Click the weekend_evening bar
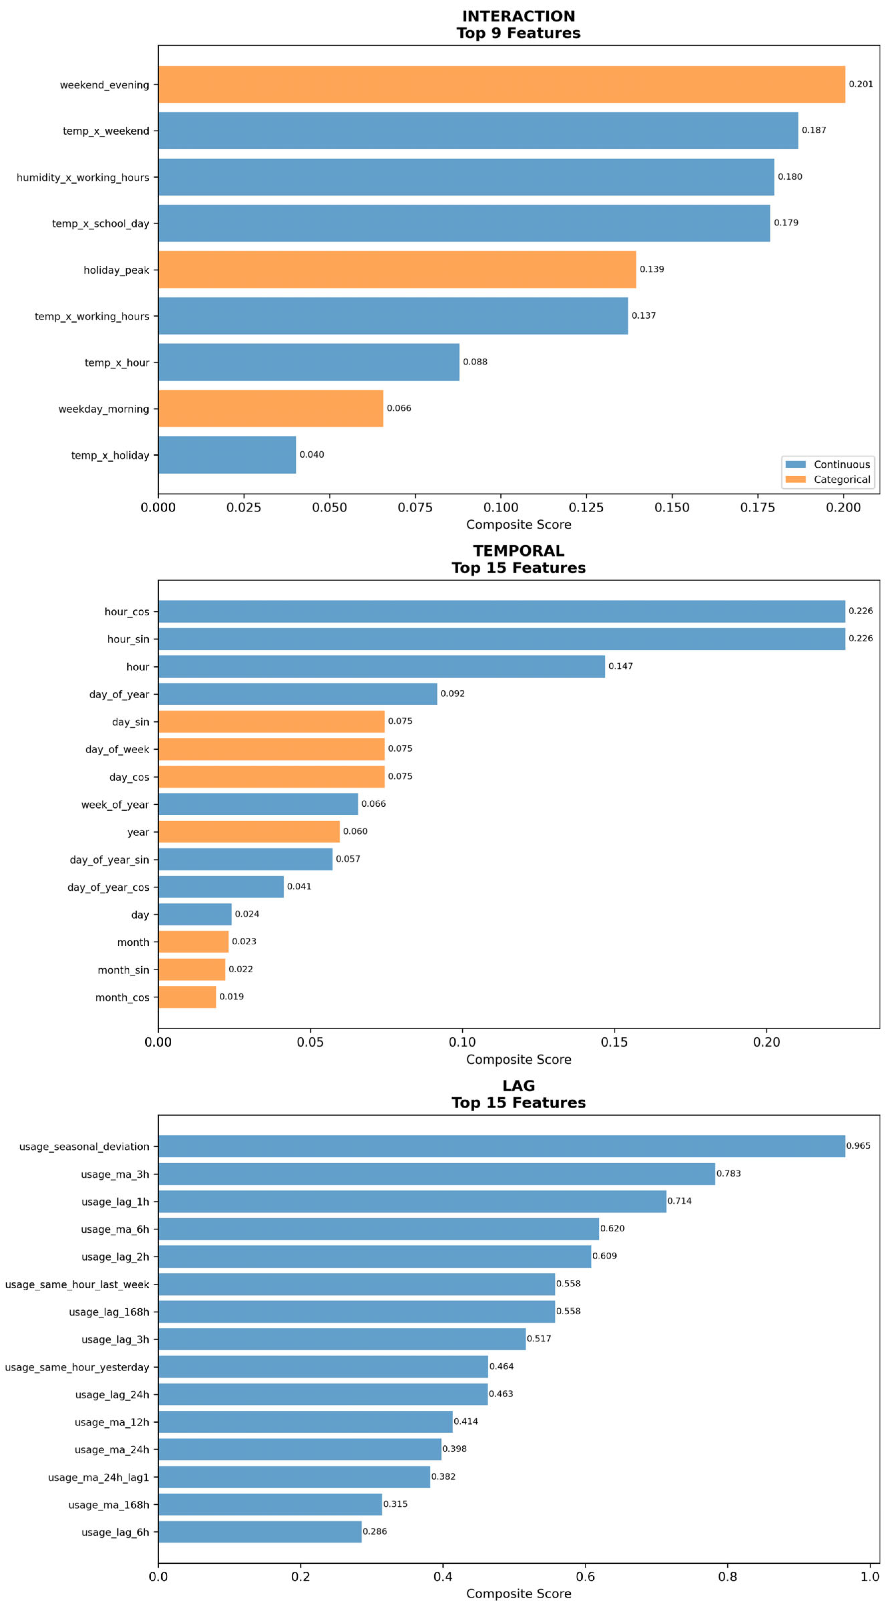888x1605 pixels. click(x=502, y=85)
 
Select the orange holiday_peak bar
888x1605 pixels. click(x=397, y=270)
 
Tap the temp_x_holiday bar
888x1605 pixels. click(x=227, y=455)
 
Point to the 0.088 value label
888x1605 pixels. click(x=475, y=362)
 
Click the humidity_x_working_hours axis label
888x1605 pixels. click(x=83, y=178)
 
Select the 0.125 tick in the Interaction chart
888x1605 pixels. click(x=586, y=507)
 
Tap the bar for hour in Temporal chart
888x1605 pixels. click(x=381, y=667)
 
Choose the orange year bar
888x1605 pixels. click(x=249, y=832)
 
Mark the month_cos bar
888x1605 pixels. click(x=187, y=997)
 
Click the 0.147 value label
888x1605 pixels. click(x=621, y=666)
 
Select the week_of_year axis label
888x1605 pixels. click(x=115, y=804)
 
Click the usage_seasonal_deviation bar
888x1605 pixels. click(x=502, y=1146)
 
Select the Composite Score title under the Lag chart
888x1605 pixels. click(x=518, y=1594)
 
